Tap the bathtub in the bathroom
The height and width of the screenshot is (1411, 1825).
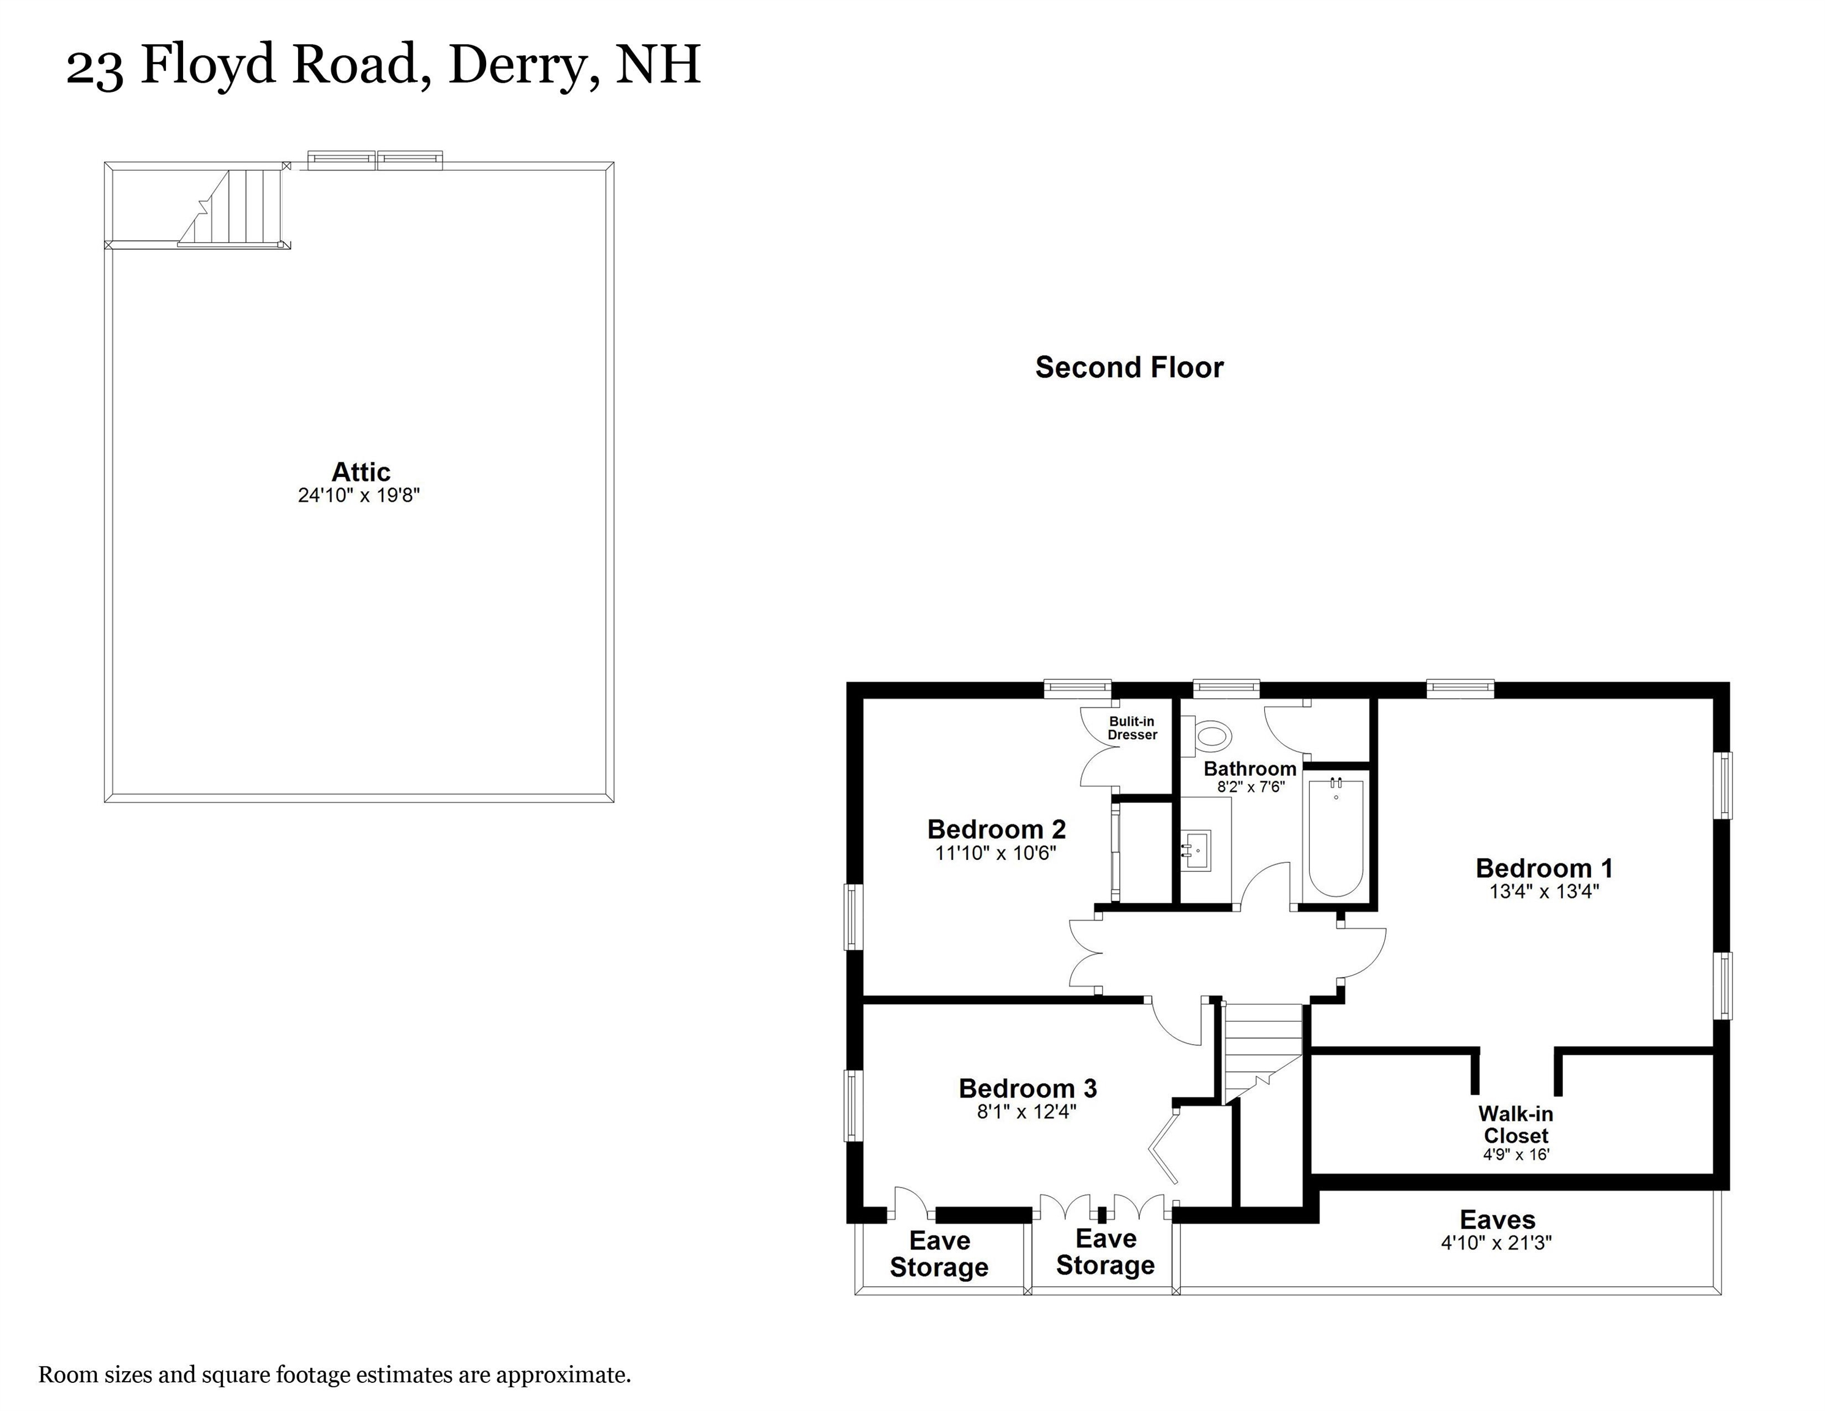click(x=1336, y=838)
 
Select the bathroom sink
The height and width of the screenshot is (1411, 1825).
click(x=1197, y=850)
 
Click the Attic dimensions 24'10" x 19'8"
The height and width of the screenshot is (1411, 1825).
click(x=359, y=495)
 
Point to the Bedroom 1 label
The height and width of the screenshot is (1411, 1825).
click(x=1543, y=868)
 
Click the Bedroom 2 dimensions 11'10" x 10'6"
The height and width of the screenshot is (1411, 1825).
click(x=995, y=852)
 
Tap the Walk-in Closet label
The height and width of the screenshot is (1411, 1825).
click(x=1515, y=1124)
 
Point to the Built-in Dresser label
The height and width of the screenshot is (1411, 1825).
click(x=1132, y=728)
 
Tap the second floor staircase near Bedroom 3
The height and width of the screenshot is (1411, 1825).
click(x=1262, y=1053)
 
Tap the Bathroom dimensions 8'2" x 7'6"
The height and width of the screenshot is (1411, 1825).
click(x=1250, y=786)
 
